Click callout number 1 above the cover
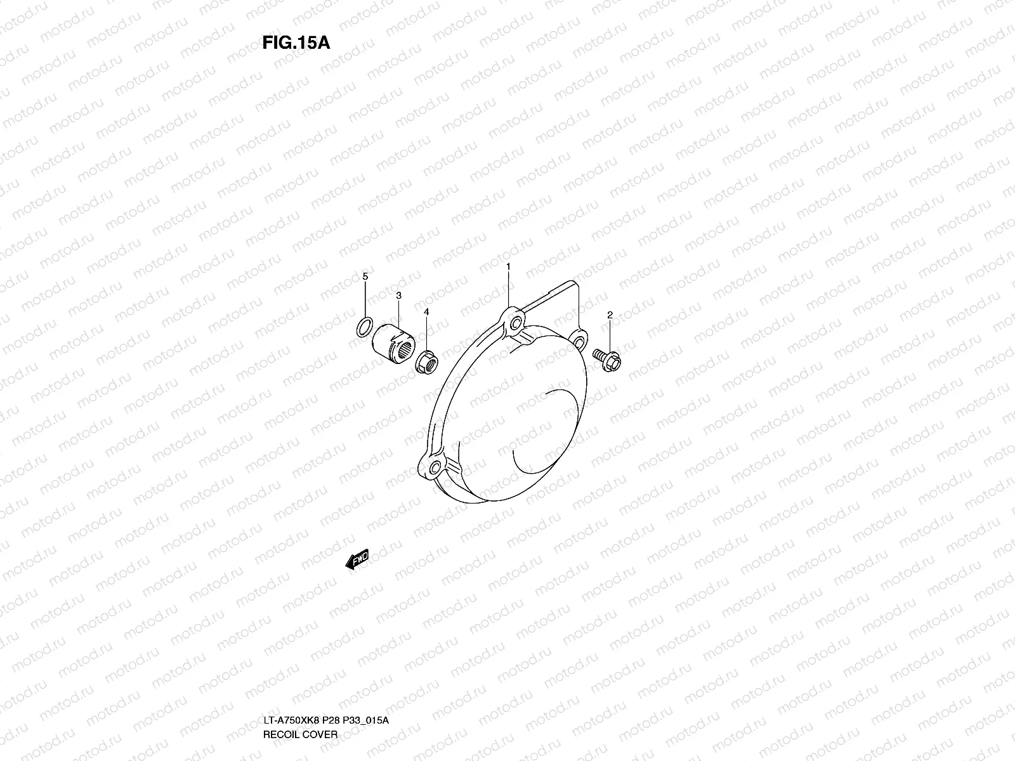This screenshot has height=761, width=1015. click(508, 268)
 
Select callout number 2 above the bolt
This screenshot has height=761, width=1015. click(610, 315)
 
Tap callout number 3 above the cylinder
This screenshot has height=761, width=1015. click(398, 296)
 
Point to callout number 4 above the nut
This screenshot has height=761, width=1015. click(426, 312)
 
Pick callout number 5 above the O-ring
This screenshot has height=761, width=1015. click(365, 276)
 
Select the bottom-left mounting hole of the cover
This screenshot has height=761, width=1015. click(434, 470)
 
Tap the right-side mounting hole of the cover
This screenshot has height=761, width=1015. click(578, 343)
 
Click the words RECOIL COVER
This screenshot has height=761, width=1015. click(300, 680)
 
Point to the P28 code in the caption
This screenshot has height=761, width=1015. click(331, 667)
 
